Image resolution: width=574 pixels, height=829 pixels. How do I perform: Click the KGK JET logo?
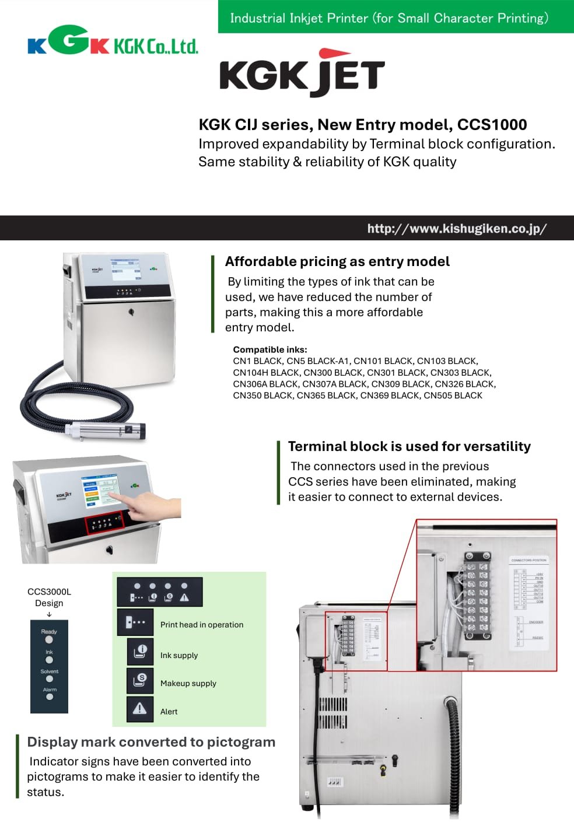pos(302,74)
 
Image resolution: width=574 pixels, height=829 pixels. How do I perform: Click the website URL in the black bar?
pos(457,228)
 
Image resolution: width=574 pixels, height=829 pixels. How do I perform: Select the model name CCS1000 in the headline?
pos(492,124)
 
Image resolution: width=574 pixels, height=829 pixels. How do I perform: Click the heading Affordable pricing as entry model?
pos(337,261)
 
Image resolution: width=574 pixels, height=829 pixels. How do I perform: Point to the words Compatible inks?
pos(269,349)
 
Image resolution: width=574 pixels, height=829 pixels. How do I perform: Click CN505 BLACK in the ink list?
pos(453,396)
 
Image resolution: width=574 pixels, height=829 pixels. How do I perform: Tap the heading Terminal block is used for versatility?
pos(409,446)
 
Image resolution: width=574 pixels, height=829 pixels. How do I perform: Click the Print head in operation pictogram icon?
pos(135,622)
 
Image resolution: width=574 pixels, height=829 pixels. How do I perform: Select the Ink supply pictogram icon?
pos(140,652)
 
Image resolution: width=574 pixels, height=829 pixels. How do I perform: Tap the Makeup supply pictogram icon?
pos(140,680)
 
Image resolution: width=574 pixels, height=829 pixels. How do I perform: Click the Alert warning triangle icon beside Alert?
pos(140,709)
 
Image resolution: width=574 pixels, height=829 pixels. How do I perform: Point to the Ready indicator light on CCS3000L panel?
pos(49,640)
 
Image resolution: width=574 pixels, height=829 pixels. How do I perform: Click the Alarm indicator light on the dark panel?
pos(50,697)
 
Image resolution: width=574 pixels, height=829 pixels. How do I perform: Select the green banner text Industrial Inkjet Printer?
pos(389,18)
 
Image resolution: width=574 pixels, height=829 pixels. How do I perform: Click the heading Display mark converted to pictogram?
pos(151,742)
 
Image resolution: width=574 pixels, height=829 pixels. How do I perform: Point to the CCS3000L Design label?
pos(49,597)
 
